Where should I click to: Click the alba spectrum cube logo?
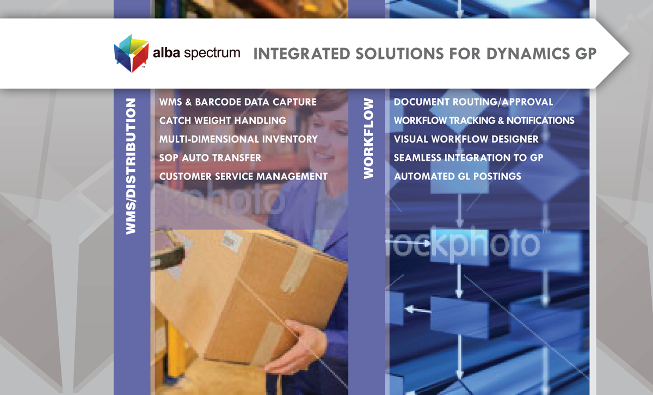(131, 53)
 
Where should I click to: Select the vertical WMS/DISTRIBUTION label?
(131, 166)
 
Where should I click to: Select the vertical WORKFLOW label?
(368, 138)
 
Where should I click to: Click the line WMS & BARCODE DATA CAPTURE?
(238, 102)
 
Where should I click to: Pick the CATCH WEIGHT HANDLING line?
(223, 120)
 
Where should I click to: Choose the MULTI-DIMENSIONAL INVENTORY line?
(238, 139)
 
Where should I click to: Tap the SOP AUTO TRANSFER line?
(210, 158)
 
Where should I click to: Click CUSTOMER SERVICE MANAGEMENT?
(243, 176)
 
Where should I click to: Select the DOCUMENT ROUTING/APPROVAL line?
(473, 102)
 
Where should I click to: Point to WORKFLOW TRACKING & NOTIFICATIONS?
(484, 120)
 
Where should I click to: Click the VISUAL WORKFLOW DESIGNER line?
(466, 139)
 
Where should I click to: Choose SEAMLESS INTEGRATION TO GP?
(469, 158)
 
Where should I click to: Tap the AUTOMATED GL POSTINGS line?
(458, 176)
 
